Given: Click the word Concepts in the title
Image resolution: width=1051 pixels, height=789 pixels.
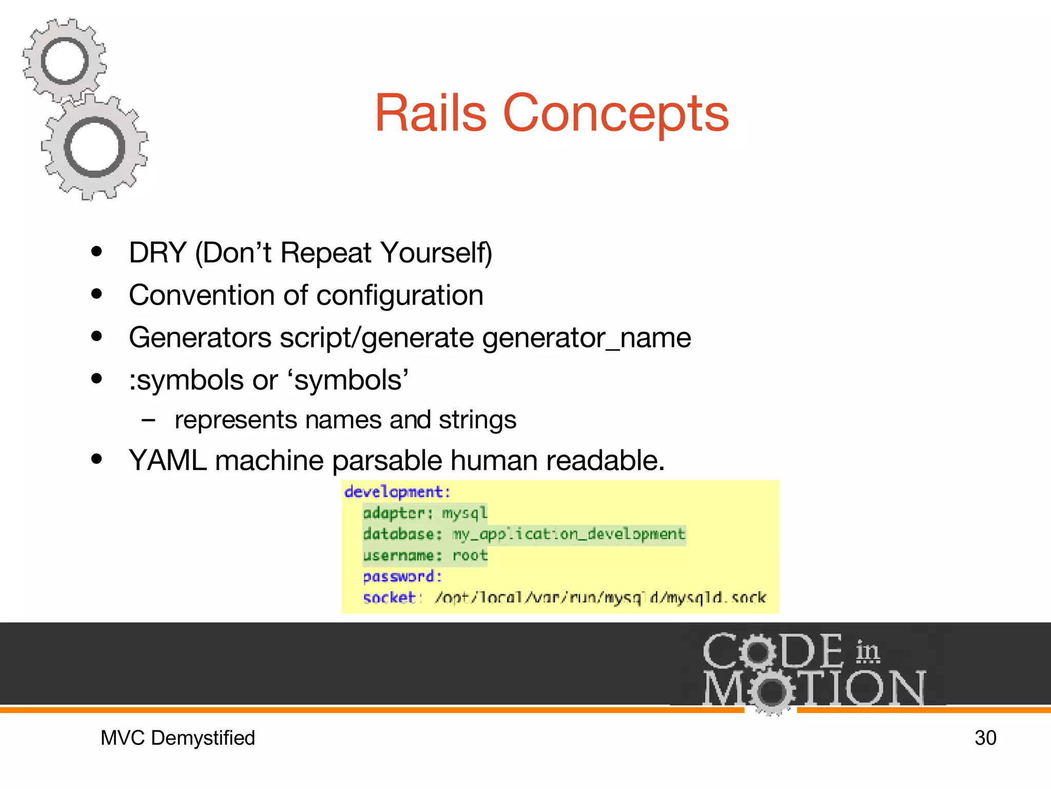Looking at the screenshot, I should click(616, 114).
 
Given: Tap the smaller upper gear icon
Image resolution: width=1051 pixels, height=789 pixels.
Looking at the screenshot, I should click(65, 61).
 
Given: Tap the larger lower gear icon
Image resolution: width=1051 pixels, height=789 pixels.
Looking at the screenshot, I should click(94, 147).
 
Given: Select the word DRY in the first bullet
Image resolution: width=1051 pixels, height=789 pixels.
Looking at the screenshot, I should click(157, 253).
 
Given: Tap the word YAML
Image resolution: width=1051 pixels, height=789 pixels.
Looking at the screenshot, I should click(167, 460).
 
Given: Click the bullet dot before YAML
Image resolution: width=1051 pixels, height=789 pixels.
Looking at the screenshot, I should click(96, 459).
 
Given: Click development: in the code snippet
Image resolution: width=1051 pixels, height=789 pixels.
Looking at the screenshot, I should click(397, 492).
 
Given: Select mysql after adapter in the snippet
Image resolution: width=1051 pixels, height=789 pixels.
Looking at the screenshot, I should click(464, 513).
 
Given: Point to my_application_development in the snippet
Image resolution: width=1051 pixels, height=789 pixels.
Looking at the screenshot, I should click(569, 534).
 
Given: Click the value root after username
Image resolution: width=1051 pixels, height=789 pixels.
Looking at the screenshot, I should click(470, 555).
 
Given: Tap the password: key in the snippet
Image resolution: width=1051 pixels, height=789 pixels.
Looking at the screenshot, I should click(402, 576).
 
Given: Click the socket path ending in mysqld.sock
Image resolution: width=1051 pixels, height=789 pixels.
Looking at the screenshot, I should click(600, 597).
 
